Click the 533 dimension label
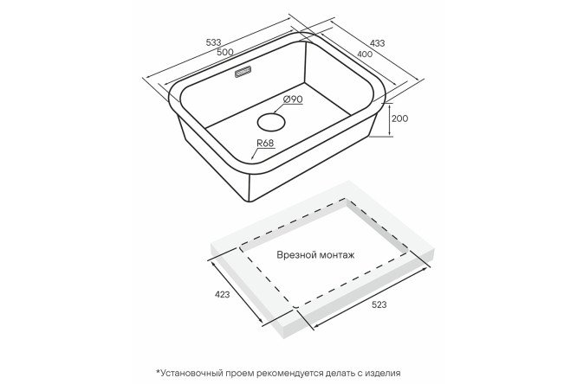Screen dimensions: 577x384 tap(213, 42)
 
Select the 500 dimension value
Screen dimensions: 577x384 tap(225, 52)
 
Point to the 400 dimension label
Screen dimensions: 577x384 tap(365, 54)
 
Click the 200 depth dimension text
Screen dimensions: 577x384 tap(400, 118)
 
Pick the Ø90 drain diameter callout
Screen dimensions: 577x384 tap(293, 99)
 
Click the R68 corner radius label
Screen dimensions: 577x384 tap(265, 143)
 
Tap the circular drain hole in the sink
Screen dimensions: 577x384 tap(271, 122)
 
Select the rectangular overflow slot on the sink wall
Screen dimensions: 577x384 tap(243, 72)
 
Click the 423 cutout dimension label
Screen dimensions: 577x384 tap(223, 294)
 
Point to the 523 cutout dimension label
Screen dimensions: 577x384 tap(379, 304)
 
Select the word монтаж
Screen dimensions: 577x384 tap(337, 255)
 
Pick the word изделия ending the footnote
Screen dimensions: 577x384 tap(383, 374)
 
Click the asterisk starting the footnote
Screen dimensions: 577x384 tap(159, 372)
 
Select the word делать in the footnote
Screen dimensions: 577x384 tap(340, 374)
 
